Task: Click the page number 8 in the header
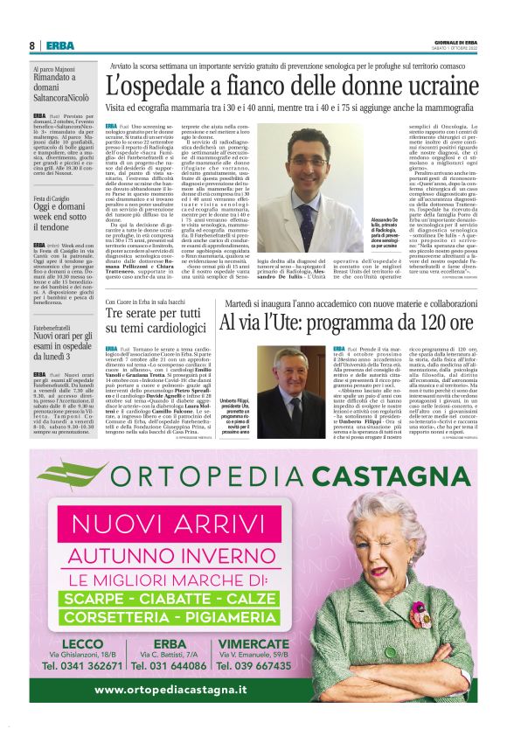(31, 45)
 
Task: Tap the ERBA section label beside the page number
(60, 45)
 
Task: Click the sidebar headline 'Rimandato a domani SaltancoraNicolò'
(65, 87)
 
